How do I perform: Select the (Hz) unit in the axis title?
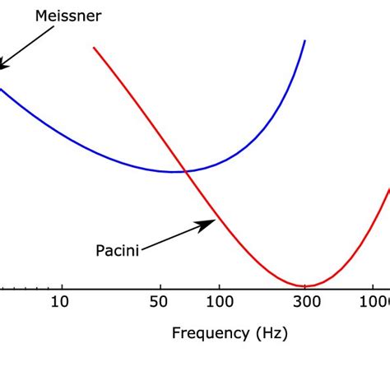[x=271, y=333]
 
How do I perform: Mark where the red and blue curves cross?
[x=186, y=171]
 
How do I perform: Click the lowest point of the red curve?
[x=304, y=286]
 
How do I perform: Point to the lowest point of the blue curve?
[x=174, y=171]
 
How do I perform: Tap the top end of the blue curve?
[x=305, y=40]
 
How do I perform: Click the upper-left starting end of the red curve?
[x=95, y=48]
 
